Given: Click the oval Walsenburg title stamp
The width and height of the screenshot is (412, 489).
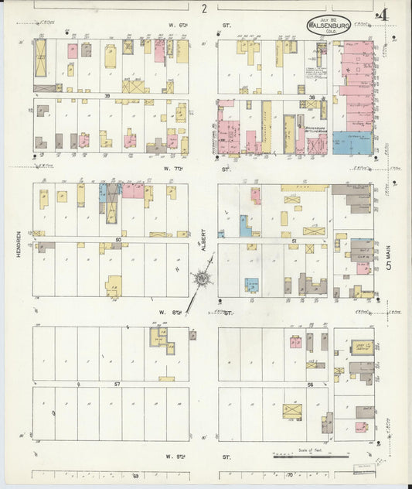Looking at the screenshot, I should coord(328,25).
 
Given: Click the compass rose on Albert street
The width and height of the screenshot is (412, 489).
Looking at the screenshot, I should coord(203,278).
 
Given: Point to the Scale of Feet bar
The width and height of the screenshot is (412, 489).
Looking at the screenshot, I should coord(302,456).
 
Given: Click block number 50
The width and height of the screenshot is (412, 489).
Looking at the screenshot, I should coord(118,240).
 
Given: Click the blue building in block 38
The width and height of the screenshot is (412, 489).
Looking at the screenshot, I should coord(352,142).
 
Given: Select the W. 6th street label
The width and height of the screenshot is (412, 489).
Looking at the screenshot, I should coord(176,25).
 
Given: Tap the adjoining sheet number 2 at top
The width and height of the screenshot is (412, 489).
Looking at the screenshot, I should coord(204,9).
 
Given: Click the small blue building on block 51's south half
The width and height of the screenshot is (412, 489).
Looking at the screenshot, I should coord(251,285).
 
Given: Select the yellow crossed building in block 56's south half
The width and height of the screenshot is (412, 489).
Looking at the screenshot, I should coord(292,410).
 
